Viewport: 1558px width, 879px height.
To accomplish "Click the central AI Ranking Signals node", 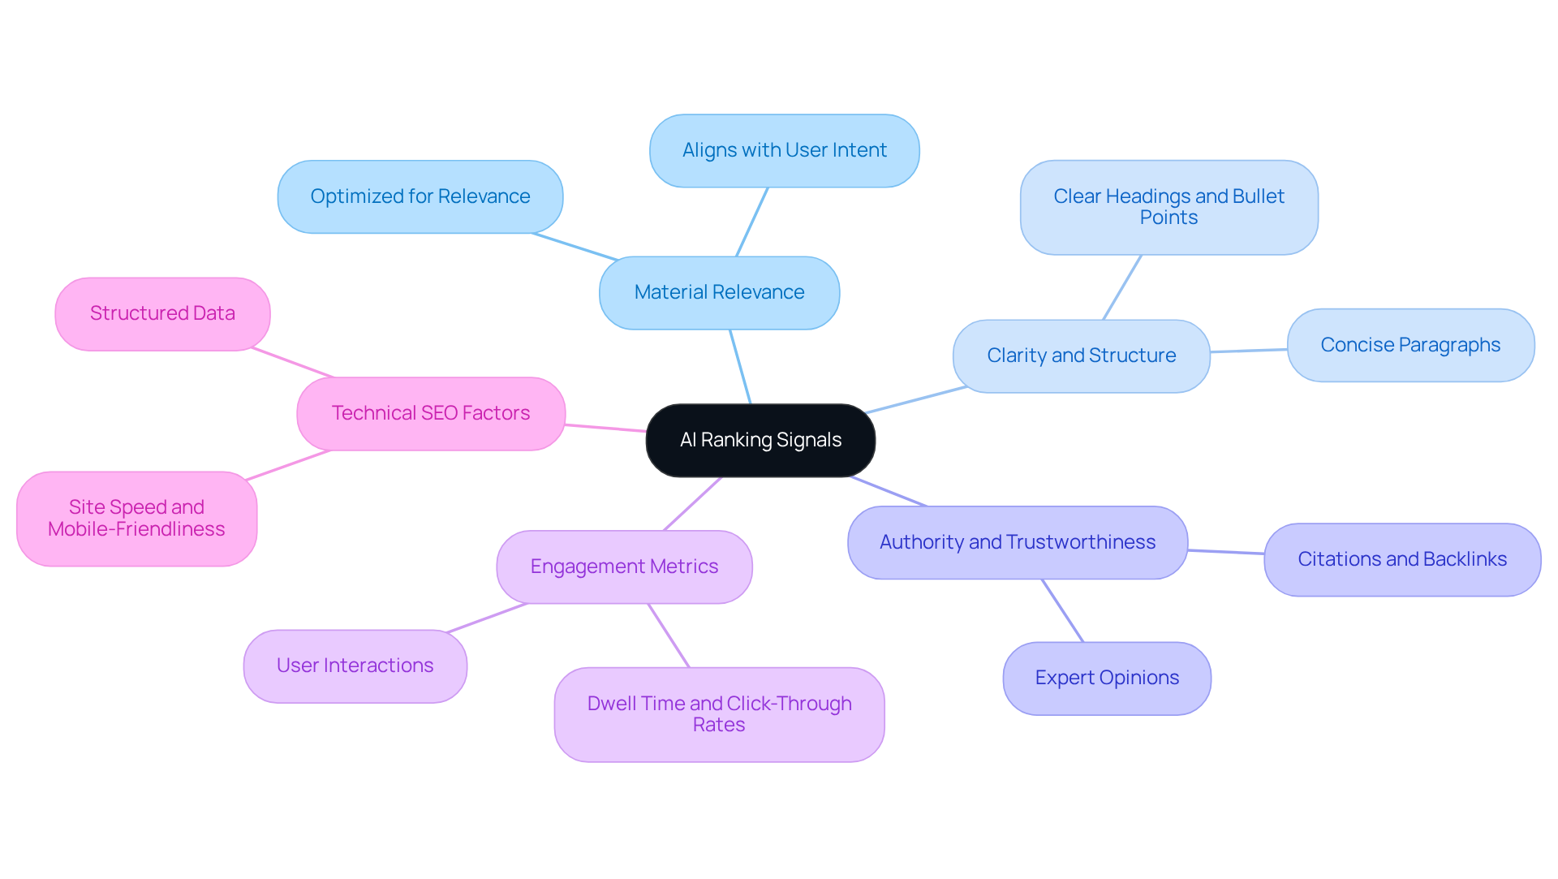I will point(760,440).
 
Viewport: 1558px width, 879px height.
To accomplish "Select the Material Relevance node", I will point(719,292).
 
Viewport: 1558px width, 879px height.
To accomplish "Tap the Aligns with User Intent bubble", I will point(784,151).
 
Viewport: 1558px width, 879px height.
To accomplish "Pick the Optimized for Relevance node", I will point(420,196).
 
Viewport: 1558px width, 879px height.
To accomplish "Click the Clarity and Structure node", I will point(1081,355).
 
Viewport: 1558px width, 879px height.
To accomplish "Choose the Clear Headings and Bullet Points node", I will point(1168,207).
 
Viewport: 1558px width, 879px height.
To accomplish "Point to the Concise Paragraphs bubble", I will point(1410,345).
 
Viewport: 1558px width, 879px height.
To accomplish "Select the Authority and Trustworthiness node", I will point(1017,542).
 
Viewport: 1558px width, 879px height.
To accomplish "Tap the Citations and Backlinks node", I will point(1401,559).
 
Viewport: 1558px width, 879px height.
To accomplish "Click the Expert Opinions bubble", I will point(1107,678).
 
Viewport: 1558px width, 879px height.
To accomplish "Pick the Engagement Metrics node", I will point(624,567).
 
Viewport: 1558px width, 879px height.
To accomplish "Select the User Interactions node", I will point(355,666).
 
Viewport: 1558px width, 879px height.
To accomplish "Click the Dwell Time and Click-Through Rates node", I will point(719,714).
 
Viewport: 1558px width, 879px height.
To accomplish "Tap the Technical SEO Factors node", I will point(430,413).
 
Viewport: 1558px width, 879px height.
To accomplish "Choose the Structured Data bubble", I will point(162,313).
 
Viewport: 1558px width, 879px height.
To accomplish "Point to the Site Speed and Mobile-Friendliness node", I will point(136,518).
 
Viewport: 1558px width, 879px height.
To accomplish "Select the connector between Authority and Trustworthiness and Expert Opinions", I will point(1062,610).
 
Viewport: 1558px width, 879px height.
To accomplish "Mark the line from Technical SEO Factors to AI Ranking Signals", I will point(605,428).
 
